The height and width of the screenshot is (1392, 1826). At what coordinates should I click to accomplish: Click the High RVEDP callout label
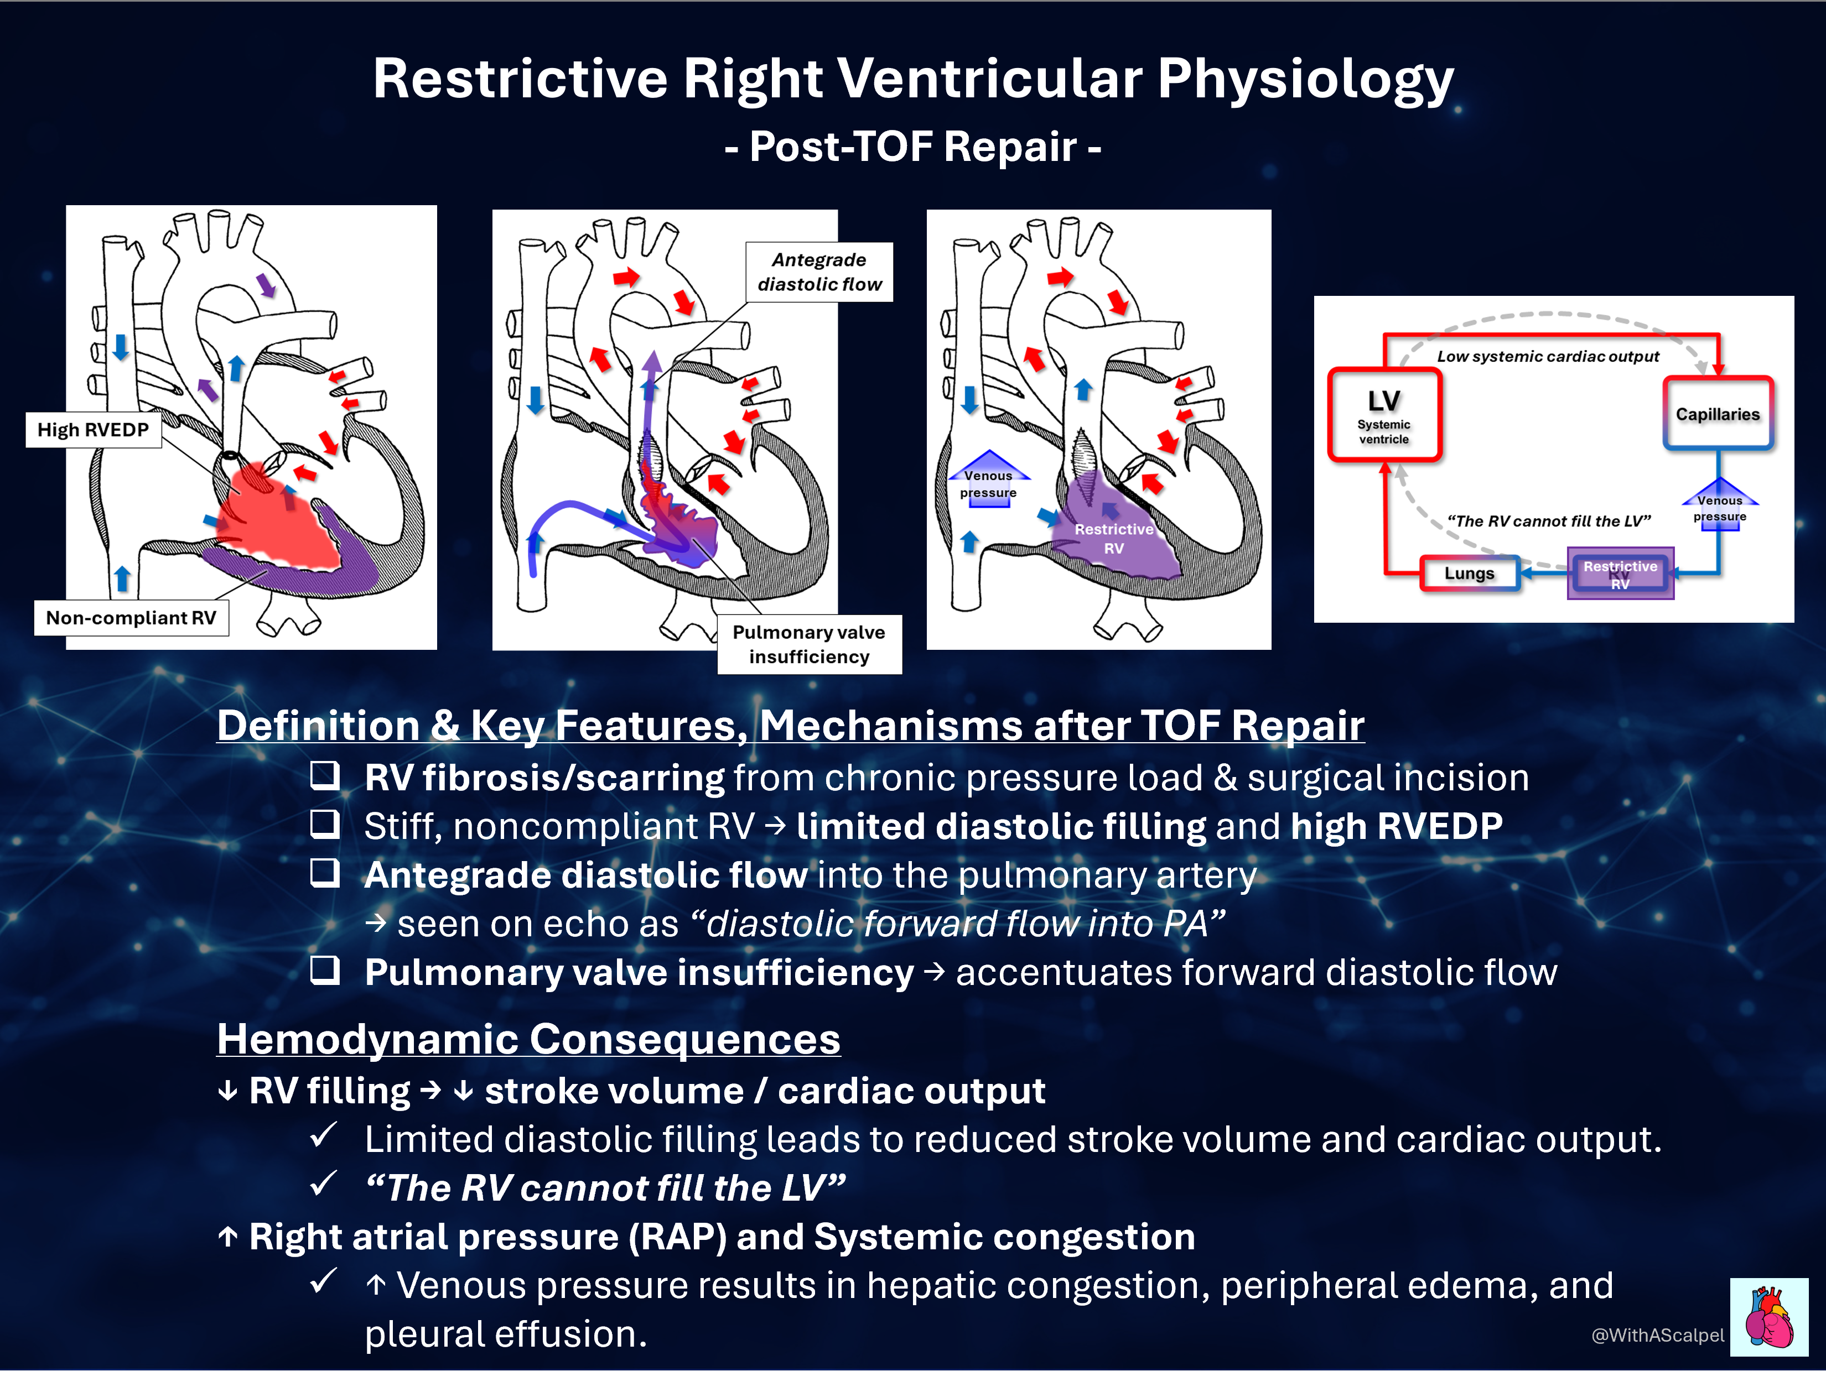coord(93,430)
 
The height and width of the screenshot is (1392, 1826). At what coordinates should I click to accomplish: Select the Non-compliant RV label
coord(131,618)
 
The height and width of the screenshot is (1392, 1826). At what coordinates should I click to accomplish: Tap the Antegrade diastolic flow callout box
coord(819,272)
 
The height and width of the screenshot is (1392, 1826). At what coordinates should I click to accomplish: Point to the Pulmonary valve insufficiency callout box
coord(809,645)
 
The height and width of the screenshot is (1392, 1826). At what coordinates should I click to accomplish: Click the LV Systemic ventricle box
coord(1384,414)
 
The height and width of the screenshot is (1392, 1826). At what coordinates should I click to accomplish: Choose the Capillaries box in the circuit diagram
coord(1718,414)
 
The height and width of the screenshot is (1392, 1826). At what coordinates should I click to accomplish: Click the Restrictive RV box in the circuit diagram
coord(1621,574)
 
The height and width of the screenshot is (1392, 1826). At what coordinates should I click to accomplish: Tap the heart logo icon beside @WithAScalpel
coord(1769,1317)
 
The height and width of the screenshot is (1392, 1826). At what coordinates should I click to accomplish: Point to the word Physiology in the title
coord(1305,80)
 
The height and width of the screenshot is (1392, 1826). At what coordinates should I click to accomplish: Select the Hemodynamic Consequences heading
coord(529,1039)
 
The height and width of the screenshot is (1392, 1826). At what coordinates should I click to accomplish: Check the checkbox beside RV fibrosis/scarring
coord(325,775)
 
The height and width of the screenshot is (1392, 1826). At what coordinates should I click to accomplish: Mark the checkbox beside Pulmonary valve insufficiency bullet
coord(325,969)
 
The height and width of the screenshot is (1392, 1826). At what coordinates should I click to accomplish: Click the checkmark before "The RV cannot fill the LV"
coord(323,1183)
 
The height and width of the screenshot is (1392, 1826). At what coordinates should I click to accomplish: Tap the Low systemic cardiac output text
coord(1548,356)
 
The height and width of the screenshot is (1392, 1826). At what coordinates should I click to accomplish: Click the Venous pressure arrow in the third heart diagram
coord(989,479)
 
